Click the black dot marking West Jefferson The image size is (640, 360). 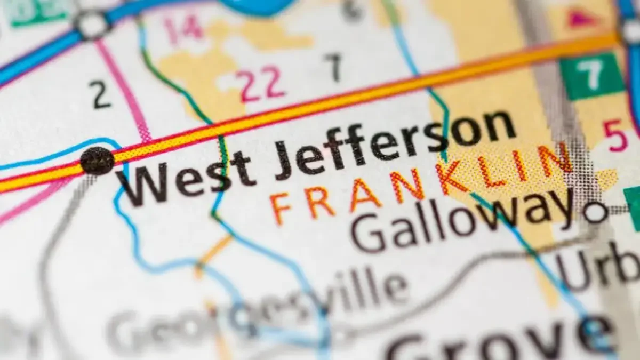coord(97,160)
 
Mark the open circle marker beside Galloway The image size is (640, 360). coord(595,212)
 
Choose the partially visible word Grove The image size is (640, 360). coord(501,341)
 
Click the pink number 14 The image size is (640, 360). coord(182,29)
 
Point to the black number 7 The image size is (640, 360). coord(333,67)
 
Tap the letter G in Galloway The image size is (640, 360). coord(368,235)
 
